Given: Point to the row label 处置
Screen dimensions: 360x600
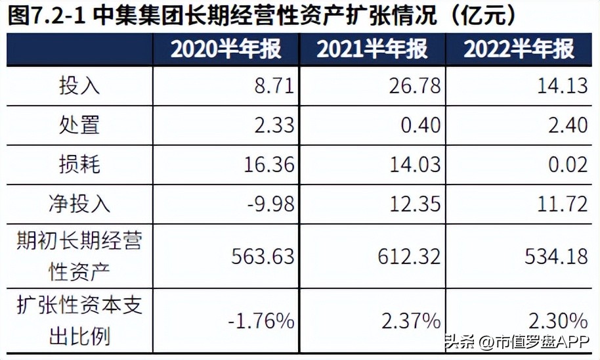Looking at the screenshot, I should click(79, 125).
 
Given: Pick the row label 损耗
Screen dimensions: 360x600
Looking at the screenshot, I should click(79, 164).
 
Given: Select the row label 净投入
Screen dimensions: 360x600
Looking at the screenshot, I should click(79, 204).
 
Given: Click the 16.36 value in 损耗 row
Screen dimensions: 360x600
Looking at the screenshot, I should click(267, 164).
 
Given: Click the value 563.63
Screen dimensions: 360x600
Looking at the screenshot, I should click(263, 256).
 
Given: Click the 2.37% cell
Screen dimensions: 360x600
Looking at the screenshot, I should click(412, 321).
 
